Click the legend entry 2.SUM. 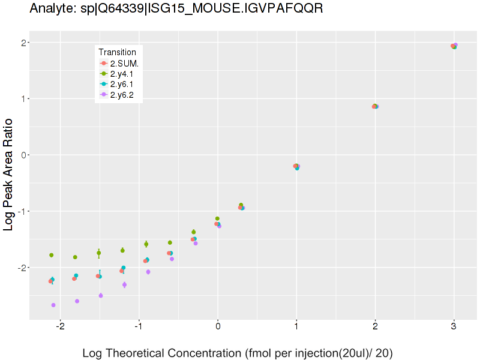[124, 63]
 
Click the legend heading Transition [121, 52]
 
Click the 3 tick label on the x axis [454, 329]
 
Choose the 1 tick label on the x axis [296, 329]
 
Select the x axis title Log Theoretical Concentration [237, 353]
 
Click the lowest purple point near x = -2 [53, 305]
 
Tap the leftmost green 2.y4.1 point [52, 255]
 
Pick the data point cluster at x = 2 [375, 106]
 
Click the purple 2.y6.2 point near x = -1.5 [101, 295]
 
